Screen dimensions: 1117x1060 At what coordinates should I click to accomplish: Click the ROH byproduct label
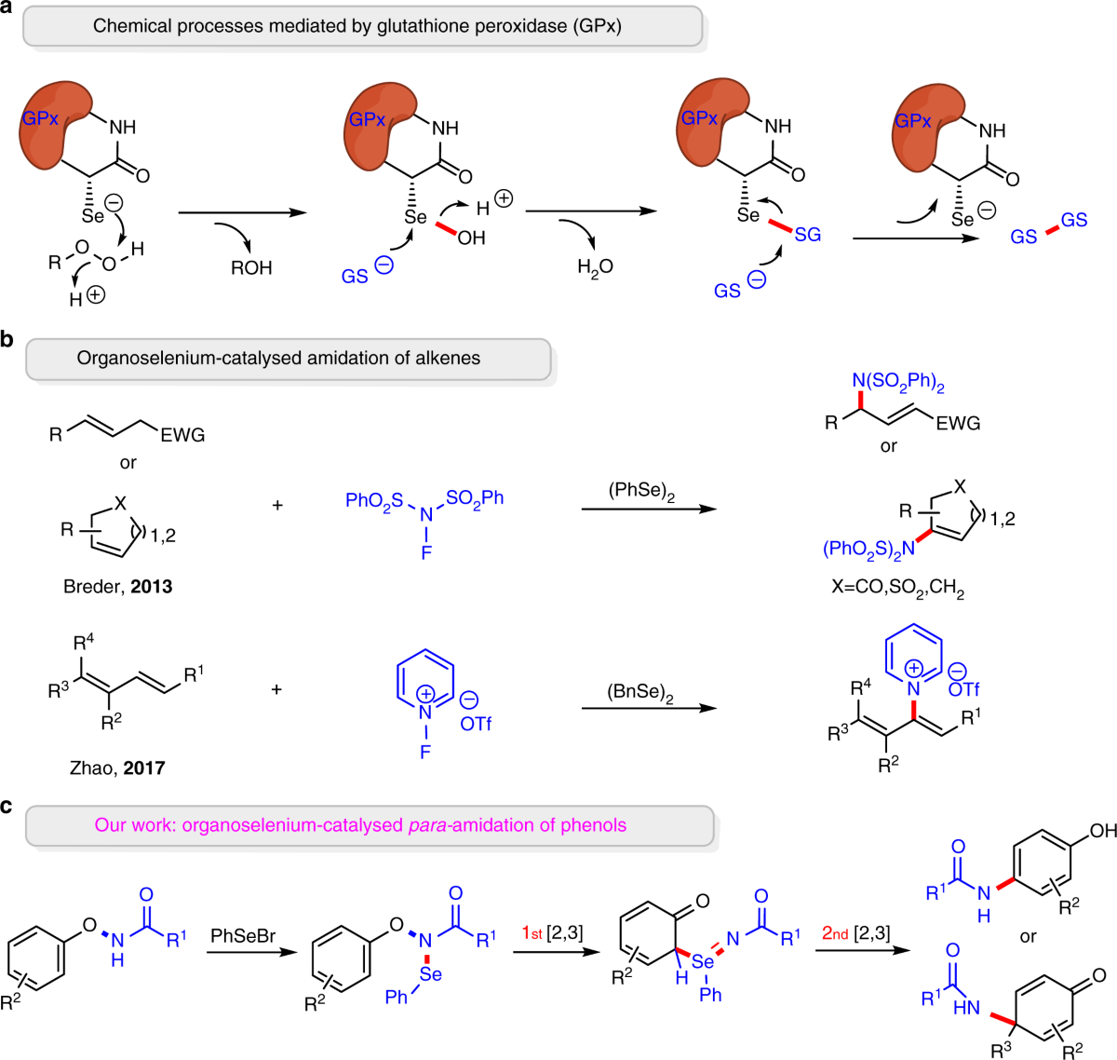251,267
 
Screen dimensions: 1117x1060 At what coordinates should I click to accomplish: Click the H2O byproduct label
595,267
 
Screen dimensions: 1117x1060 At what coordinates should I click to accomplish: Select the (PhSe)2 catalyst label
641,491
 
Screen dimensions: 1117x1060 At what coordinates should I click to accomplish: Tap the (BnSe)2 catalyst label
640,693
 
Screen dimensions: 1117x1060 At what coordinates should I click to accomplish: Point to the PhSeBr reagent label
243,935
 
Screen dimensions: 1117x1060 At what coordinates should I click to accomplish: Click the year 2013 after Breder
151,586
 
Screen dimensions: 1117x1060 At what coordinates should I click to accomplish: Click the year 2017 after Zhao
144,768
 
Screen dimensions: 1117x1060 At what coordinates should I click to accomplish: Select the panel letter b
7,339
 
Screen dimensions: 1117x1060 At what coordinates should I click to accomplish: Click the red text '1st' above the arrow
532,933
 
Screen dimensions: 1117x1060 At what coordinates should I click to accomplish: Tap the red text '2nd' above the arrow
835,933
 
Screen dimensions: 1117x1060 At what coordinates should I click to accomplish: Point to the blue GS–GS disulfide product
1049,228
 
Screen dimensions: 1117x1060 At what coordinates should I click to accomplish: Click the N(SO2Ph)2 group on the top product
898,382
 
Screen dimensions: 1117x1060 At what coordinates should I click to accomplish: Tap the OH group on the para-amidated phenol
1103,831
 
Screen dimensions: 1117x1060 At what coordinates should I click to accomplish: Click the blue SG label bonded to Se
807,235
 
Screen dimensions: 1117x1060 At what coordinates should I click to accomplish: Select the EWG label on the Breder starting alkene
182,435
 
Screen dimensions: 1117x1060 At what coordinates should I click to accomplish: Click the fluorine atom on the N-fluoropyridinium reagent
425,753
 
